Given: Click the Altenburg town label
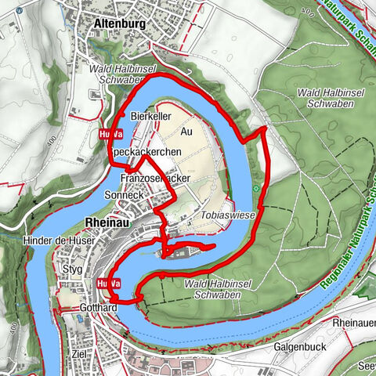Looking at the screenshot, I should [x=119, y=23].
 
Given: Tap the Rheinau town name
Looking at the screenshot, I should [x=107, y=221].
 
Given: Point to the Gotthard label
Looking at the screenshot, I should [x=98, y=309].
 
